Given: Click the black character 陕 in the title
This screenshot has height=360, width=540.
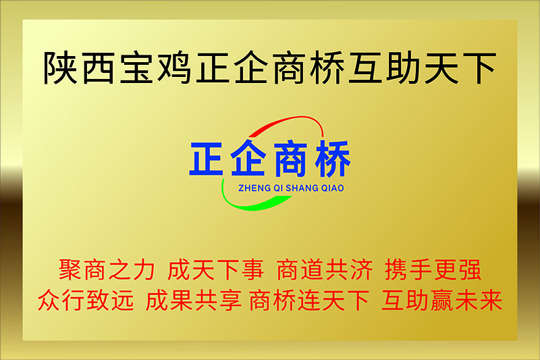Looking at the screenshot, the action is (60, 68).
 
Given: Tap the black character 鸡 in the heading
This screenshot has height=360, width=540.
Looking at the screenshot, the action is (175, 68).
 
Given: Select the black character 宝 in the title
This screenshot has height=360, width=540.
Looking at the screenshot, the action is (136, 68).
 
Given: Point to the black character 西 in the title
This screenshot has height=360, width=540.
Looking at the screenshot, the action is (99, 68).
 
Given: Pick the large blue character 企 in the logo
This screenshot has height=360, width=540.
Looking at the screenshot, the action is (248, 159).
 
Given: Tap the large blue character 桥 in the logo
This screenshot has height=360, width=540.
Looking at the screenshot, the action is (332, 159).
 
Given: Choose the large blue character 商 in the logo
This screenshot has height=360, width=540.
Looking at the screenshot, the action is (290, 159).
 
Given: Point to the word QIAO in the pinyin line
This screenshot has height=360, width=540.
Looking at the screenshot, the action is (333, 188).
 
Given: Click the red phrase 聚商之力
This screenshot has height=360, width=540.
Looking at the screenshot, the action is (107, 269).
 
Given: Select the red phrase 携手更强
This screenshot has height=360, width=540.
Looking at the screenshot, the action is (433, 269).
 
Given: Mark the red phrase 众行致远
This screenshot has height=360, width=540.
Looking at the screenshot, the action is (86, 300).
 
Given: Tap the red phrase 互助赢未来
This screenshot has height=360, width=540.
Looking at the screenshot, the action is (442, 300).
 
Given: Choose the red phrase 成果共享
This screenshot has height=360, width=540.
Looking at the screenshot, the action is (193, 300).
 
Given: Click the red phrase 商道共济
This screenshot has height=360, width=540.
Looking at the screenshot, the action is (325, 269).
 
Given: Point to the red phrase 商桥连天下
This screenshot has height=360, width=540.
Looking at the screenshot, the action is (309, 300).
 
